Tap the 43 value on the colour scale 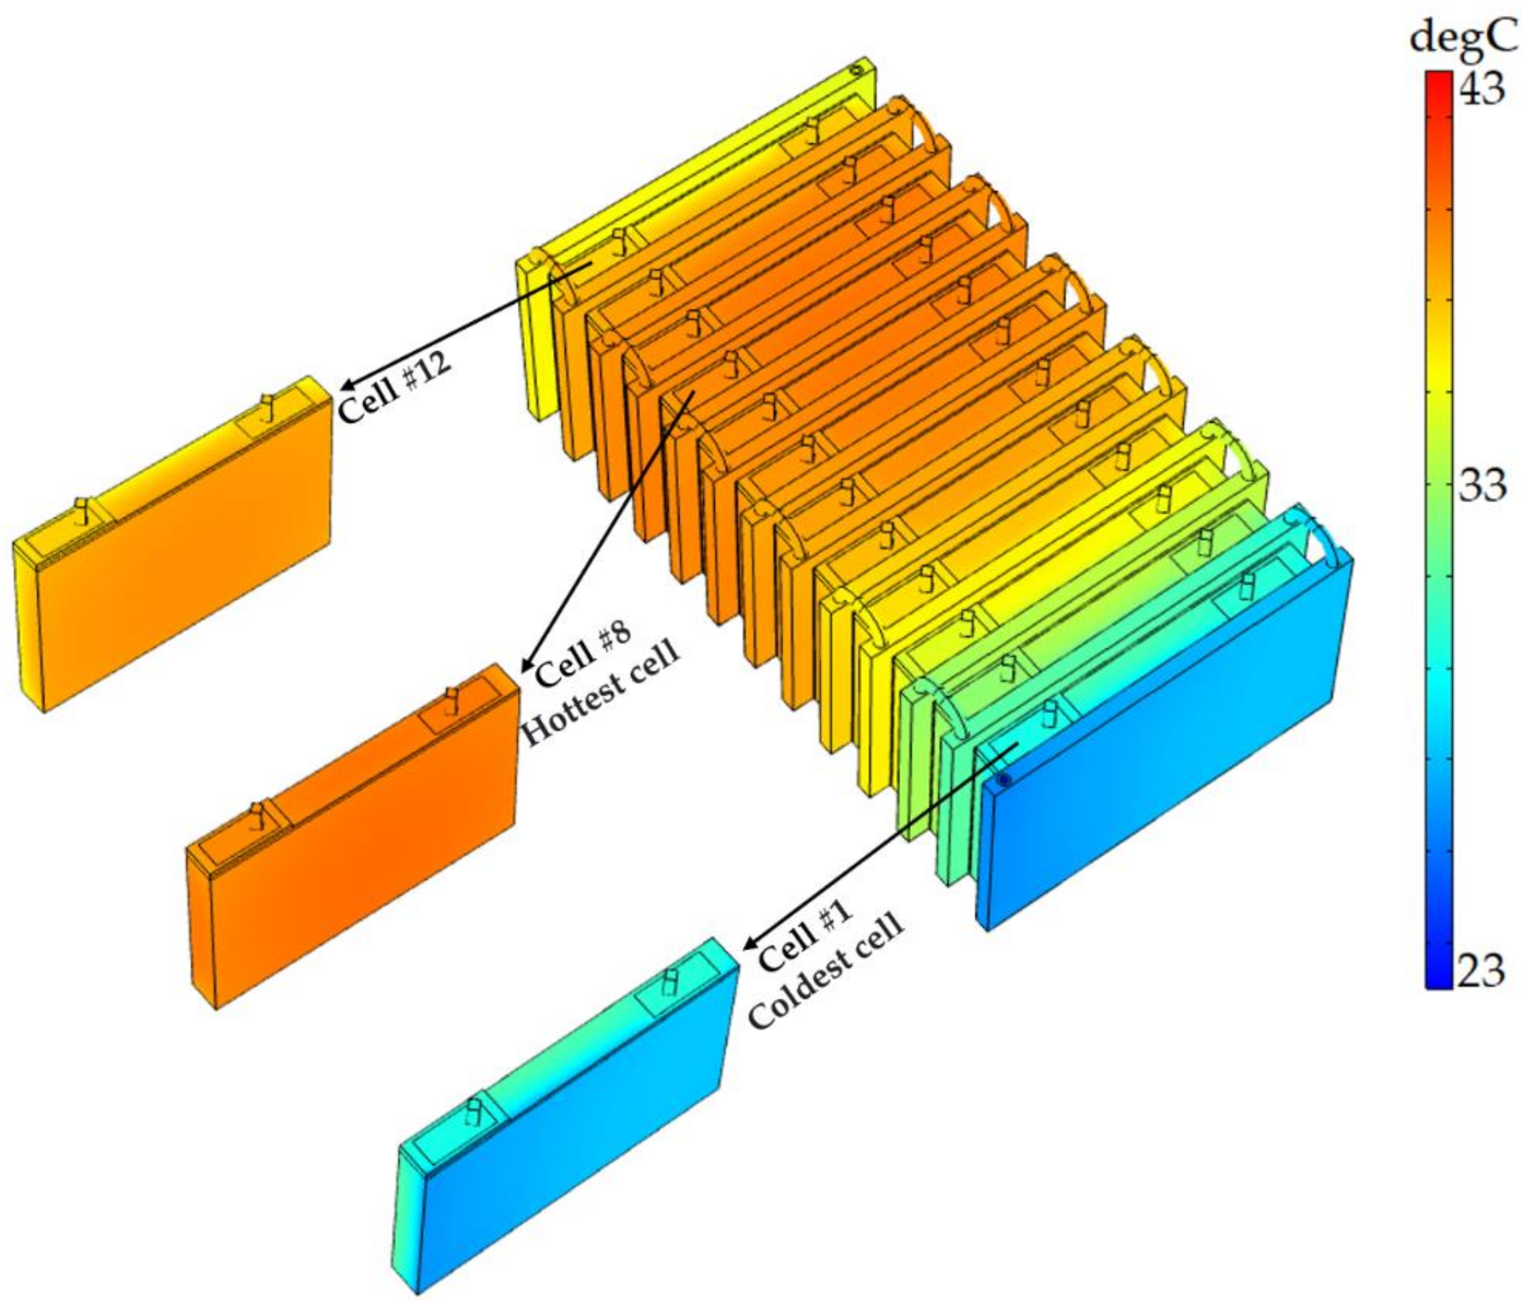(x=1480, y=89)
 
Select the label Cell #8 (x=583, y=653)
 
